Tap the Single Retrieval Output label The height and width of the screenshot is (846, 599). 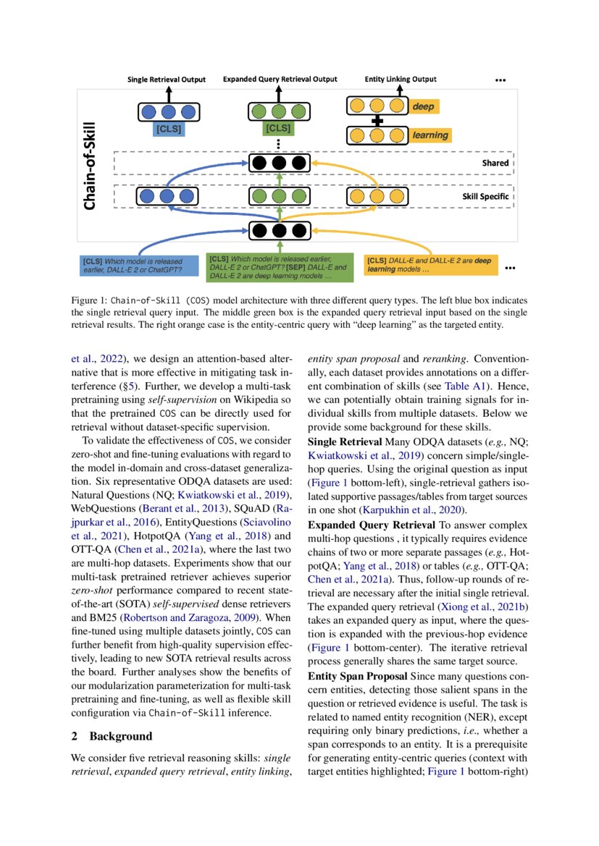(x=167, y=80)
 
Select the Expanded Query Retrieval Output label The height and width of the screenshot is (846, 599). (x=280, y=80)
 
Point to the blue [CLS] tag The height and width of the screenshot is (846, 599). (x=168, y=130)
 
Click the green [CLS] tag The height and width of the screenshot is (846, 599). (x=278, y=130)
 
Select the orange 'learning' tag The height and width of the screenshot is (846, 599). (x=430, y=135)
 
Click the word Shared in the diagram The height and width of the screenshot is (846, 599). (x=495, y=164)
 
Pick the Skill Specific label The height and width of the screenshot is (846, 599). (x=485, y=197)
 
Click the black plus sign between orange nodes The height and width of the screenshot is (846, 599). (x=376, y=121)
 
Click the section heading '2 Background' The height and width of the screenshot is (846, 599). (x=112, y=736)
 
